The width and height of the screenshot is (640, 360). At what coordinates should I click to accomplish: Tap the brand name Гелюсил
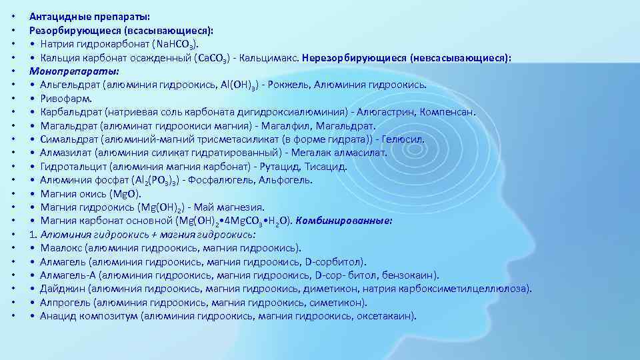[x=403, y=139]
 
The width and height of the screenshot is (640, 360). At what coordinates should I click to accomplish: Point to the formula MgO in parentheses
[x=127, y=194]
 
